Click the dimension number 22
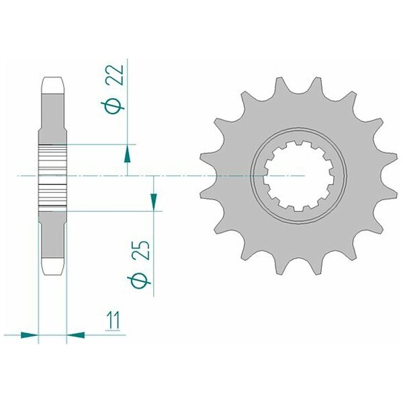116,75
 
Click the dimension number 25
141,251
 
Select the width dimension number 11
113,320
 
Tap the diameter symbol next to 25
139,281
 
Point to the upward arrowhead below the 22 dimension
128,154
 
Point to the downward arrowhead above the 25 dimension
154,201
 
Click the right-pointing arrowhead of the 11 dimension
29,335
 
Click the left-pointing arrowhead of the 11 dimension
76,335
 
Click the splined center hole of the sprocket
299,176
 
